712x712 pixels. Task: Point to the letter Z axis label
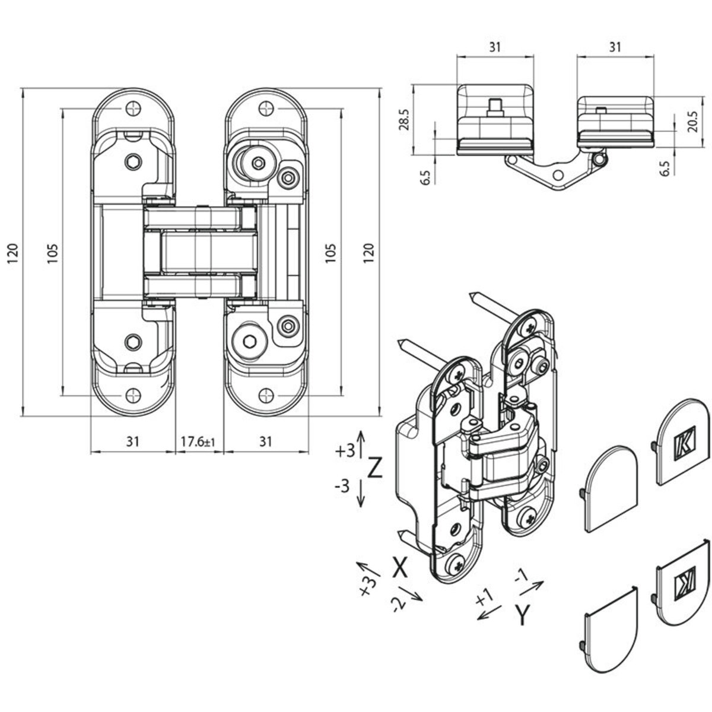click(374, 468)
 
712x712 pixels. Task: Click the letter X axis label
click(401, 568)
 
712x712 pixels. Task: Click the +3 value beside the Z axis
click(344, 451)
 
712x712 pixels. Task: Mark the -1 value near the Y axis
click(521, 576)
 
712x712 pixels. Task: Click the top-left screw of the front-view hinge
click(132, 109)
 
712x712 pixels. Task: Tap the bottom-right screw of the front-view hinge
click(266, 394)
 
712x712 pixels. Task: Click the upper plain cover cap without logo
click(612, 488)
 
